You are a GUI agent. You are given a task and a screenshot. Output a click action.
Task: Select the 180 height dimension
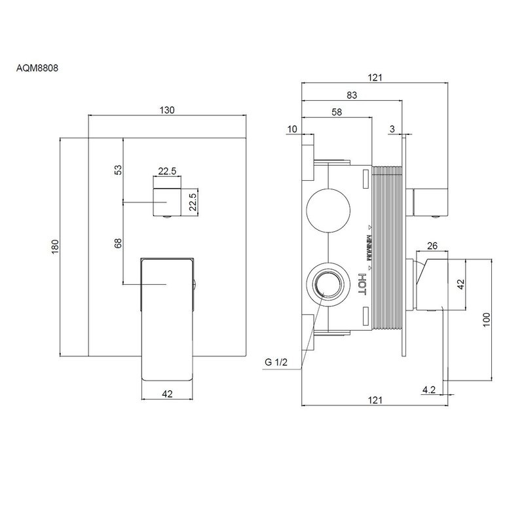tap(56, 246)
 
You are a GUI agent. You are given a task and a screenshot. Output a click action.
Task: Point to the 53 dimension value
tap(119, 170)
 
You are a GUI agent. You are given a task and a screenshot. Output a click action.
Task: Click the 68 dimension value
tap(119, 243)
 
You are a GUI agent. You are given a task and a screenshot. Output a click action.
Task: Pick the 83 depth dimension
tap(352, 95)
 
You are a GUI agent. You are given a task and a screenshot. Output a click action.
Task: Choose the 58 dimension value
tap(337, 112)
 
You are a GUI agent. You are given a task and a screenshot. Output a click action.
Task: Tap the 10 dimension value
tap(291, 129)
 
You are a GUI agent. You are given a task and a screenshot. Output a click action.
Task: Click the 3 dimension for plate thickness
tap(391, 129)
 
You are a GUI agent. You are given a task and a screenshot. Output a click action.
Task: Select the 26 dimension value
tap(432, 246)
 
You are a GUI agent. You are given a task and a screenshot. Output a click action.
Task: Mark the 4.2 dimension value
tap(429, 390)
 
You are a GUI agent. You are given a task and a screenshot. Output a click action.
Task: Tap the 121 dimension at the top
tap(375, 77)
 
